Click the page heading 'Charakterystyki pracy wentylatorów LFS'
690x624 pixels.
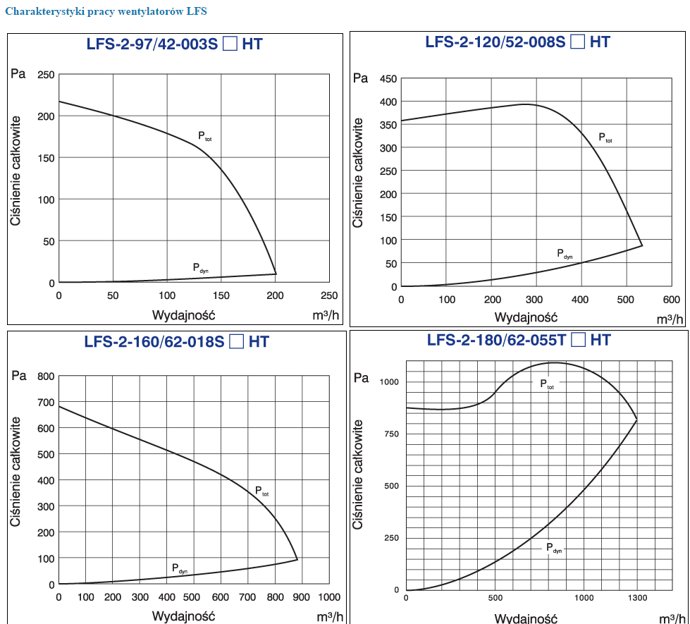click(x=106, y=12)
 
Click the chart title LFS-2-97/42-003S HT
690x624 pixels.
click(x=173, y=44)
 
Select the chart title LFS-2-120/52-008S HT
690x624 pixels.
click(x=517, y=42)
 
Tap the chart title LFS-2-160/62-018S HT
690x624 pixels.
click(x=176, y=343)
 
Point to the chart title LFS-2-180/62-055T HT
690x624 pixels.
click(x=518, y=340)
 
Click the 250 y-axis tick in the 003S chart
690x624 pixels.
click(x=46, y=75)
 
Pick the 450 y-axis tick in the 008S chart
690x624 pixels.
click(x=388, y=78)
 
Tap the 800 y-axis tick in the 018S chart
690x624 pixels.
click(x=46, y=377)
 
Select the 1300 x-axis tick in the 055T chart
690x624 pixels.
click(x=637, y=598)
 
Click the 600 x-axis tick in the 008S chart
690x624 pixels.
click(x=671, y=299)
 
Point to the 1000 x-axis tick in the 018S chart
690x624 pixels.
click(x=329, y=597)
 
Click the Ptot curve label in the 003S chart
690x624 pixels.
click(x=204, y=136)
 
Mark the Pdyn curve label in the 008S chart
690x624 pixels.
click(x=565, y=254)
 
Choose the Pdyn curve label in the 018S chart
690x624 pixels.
click(x=180, y=568)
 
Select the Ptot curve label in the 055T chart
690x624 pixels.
click(x=548, y=384)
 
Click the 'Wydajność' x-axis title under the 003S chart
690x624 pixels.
click(x=183, y=312)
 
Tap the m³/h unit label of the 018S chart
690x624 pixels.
click(x=330, y=616)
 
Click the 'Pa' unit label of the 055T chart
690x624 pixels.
click(x=361, y=377)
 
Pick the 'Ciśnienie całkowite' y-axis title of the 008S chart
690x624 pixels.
click(x=358, y=173)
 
